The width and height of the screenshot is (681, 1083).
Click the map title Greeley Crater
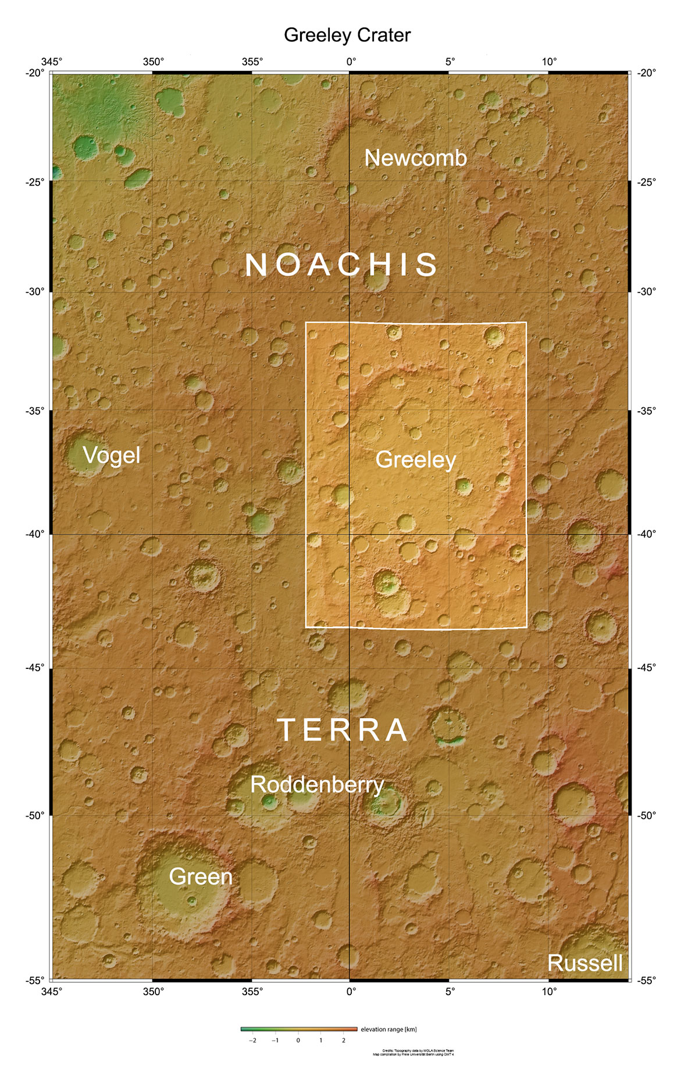tap(347, 35)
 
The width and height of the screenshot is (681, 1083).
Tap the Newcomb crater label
tap(415, 158)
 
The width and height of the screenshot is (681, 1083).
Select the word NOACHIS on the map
tap(341, 265)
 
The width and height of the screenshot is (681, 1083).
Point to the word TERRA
tap(343, 730)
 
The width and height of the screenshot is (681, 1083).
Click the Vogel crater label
tap(112, 455)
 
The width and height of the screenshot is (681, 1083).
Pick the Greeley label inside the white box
tap(415, 459)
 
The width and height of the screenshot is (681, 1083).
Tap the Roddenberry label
tap(317, 785)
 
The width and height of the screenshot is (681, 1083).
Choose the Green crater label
tap(201, 877)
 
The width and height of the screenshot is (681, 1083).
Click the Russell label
tap(585, 963)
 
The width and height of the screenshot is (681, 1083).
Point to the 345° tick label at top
tap(52, 62)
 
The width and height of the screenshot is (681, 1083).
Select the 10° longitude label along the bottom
tap(549, 992)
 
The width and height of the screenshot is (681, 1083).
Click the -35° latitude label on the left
tap(34, 411)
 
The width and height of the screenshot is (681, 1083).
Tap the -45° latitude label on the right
tap(646, 667)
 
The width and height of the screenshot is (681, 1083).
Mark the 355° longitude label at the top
tap(252, 62)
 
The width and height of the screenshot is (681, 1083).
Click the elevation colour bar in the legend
tap(299, 1029)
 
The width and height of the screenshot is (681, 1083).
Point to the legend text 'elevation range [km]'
tap(388, 1029)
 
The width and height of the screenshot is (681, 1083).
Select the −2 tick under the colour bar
tap(252, 1040)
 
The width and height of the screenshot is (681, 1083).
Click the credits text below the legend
tap(413, 1052)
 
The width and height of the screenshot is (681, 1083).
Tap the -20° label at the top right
tap(646, 73)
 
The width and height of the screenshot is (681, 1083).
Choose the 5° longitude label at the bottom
tap(450, 992)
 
